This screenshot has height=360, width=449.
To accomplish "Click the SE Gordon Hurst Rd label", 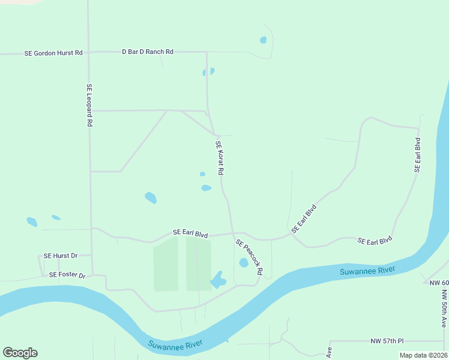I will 53,53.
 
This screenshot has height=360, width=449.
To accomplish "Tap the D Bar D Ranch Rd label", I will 148,52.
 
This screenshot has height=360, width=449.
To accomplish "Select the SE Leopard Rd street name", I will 89,104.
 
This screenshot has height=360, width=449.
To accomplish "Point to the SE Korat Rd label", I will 220,158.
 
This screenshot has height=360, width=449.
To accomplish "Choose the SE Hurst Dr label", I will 61,256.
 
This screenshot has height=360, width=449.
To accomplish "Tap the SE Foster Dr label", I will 68,275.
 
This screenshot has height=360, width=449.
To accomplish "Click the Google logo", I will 20,353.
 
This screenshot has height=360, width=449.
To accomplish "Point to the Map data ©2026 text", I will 423,355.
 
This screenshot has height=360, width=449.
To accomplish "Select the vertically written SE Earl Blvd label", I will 417,155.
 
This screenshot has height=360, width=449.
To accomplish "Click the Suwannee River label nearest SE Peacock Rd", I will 367,271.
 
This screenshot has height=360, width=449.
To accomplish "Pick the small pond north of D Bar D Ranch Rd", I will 263,40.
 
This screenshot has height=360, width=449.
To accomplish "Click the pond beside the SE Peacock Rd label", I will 244,263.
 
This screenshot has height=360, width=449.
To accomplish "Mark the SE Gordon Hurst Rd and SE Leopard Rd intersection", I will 89,53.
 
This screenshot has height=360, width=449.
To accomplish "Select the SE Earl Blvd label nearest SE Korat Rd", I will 190,233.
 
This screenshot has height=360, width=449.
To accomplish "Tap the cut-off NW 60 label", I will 438,283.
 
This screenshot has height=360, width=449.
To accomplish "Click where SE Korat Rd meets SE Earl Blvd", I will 232,233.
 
